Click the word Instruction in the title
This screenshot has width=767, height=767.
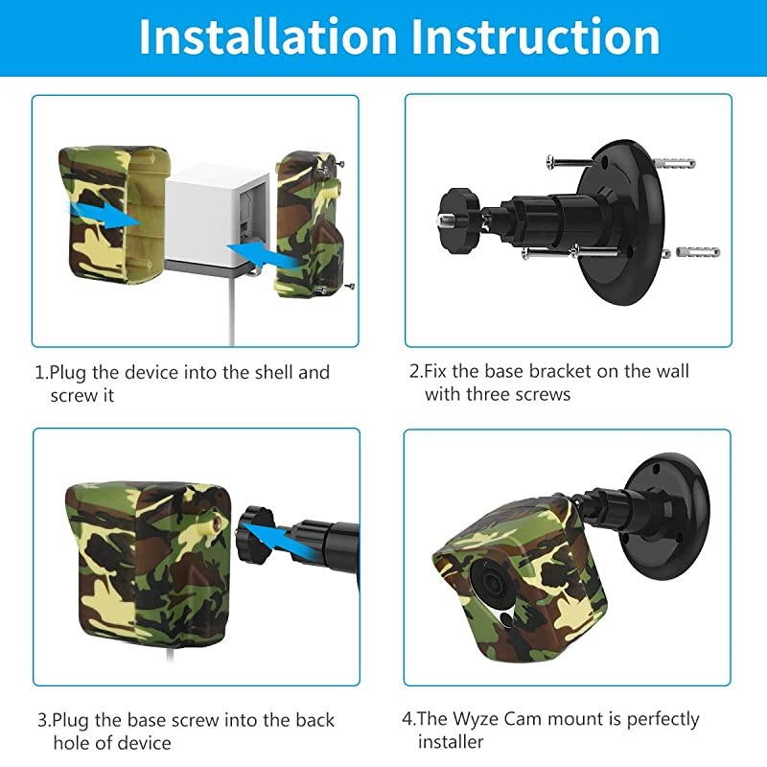(x=536, y=36)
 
